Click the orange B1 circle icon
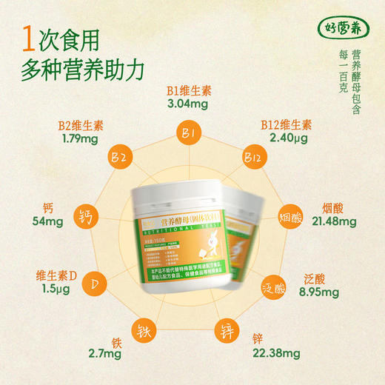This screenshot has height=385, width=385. (187, 135)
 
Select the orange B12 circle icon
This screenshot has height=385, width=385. (252, 158)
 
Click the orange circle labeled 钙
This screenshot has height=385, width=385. (86, 218)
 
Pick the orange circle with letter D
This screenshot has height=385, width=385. (94, 285)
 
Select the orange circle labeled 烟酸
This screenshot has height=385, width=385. (291, 219)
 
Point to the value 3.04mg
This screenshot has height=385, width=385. (187, 104)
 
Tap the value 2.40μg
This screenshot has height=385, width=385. (287, 138)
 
